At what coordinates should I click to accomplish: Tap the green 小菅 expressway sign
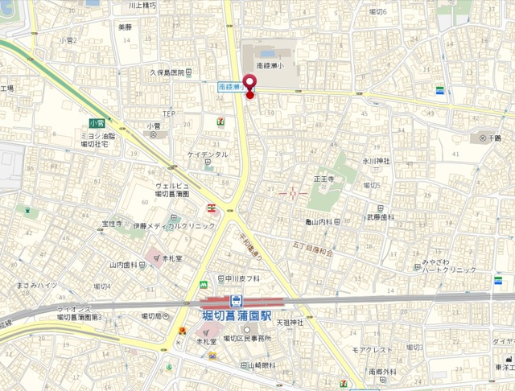pos(97,123)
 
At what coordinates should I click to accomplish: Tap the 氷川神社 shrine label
pos(375,161)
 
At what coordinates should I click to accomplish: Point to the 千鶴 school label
pos(489,138)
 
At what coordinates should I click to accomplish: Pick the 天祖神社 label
pos(290,323)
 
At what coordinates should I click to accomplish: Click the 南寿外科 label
pos(382,372)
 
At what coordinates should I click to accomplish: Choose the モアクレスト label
pos(372,351)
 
